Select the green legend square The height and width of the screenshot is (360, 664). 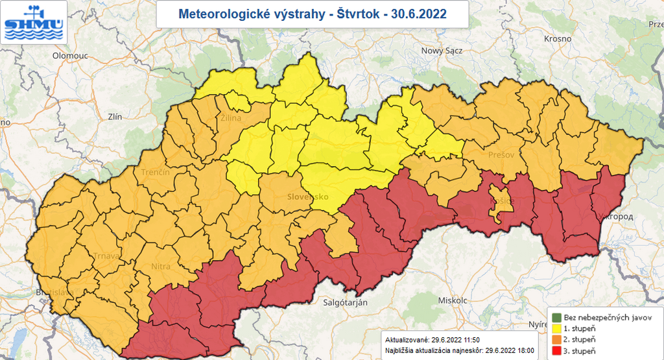(x=556, y=317)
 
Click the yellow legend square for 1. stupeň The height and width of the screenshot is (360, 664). (x=556, y=329)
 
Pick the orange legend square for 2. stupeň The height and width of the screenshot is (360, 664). (x=556, y=340)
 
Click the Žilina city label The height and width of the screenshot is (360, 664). (x=230, y=118)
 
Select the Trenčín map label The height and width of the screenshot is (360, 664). (x=155, y=172)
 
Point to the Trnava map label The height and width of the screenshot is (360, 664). (x=106, y=256)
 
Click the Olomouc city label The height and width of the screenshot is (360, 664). (x=69, y=56)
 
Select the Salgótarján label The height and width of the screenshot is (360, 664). (x=345, y=303)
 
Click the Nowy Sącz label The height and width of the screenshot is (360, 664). (x=442, y=51)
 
